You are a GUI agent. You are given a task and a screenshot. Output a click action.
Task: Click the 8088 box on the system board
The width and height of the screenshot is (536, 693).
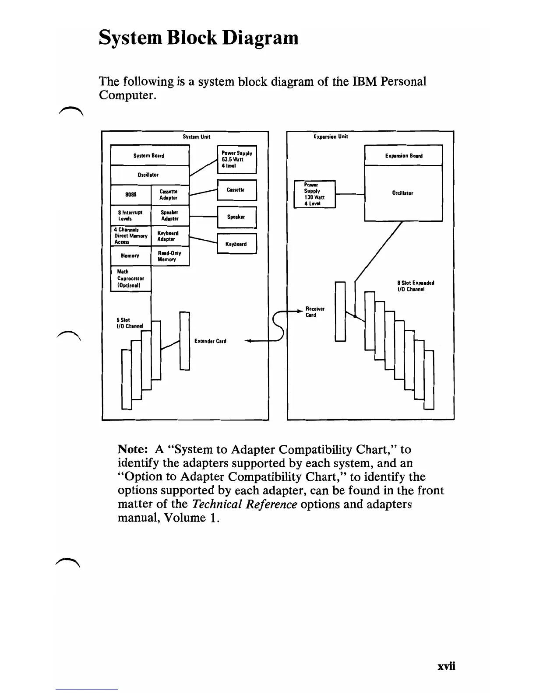(130, 195)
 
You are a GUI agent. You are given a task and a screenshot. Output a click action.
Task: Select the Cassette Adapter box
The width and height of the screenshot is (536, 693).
(170, 195)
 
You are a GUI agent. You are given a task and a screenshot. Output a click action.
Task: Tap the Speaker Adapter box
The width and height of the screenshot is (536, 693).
(170, 216)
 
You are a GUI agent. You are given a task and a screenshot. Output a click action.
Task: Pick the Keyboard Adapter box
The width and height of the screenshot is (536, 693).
(170, 236)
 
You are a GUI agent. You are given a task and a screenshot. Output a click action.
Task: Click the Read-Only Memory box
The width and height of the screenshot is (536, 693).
(170, 256)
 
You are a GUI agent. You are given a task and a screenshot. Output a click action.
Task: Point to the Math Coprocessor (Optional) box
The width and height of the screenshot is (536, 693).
(130, 279)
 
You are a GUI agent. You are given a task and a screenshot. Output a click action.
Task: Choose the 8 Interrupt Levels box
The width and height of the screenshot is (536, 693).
(130, 216)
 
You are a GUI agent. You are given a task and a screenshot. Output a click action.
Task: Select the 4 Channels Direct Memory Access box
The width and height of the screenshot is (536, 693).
(130, 236)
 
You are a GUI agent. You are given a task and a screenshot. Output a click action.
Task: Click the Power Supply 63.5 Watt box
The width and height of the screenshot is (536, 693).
(237, 160)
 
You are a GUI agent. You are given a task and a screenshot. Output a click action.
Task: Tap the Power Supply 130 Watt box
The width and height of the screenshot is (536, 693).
(314, 194)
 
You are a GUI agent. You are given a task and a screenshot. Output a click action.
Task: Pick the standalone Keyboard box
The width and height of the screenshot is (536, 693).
(237, 244)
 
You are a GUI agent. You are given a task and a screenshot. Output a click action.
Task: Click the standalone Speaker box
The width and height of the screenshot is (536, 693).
(237, 217)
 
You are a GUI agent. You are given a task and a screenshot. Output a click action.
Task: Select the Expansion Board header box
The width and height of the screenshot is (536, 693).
(403, 155)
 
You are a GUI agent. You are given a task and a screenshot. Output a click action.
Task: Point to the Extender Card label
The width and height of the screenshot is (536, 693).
(210, 341)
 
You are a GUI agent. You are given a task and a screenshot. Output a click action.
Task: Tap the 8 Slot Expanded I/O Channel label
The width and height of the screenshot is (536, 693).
(415, 286)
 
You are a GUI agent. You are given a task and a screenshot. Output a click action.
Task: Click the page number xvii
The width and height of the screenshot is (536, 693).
(446, 666)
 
